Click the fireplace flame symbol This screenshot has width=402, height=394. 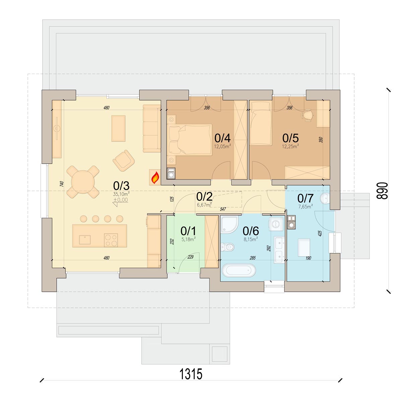tap(155, 177)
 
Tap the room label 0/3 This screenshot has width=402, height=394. tap(121, 185)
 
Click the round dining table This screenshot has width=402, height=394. tap(83, 182)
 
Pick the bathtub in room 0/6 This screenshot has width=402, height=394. tap(239, 270)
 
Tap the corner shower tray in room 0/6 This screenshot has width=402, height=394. tap(229, 224)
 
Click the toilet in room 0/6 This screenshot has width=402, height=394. tap(227, 247)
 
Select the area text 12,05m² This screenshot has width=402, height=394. tap(222, 146)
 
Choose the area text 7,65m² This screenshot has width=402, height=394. tap(306, 207)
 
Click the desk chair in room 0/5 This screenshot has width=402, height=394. tap(307, 115)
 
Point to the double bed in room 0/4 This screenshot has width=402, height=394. tap(189, 140)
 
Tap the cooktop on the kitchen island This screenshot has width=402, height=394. tap(111, 240)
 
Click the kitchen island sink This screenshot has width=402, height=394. tap(85, 240)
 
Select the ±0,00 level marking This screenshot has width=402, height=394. tap(121, 200)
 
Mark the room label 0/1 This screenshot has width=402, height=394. tap(188, 231)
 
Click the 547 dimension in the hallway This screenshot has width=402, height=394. tap(223, 209)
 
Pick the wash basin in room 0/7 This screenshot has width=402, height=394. tap(325, 198)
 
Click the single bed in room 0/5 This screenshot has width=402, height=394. tap(261, 123)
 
